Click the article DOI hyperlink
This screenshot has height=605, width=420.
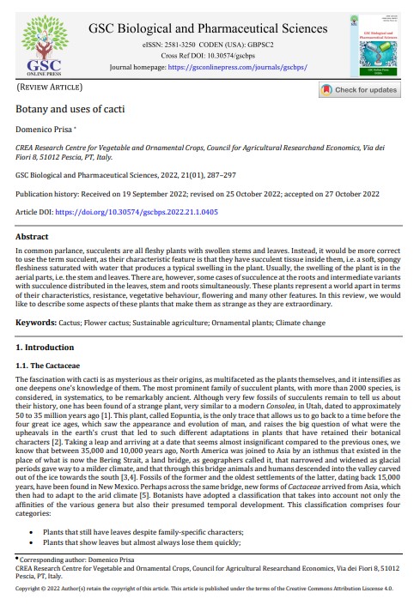pos(149,210)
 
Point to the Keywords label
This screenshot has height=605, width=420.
pos(42,322)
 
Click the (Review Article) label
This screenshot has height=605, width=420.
pos(51,88)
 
